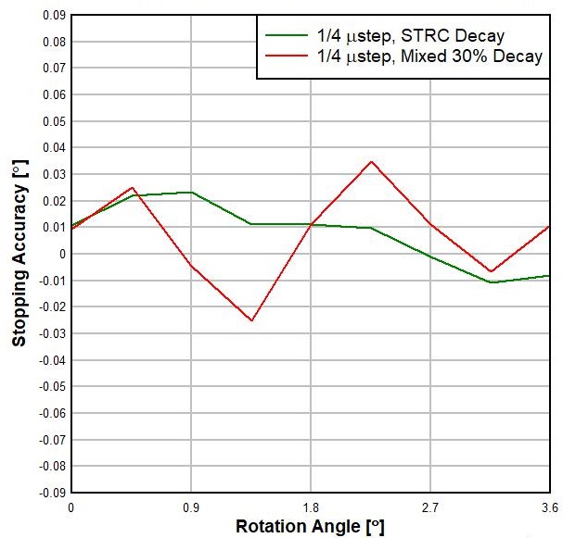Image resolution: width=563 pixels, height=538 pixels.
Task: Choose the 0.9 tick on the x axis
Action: pos(191,507)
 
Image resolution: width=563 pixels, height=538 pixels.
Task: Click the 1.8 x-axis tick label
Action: pos(311,507)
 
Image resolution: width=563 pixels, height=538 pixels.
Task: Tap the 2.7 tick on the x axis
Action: pos(430,507)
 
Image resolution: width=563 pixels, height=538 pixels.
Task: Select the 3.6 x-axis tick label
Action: pos(548,507)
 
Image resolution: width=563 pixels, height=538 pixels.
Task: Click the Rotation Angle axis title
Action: pos(310,526)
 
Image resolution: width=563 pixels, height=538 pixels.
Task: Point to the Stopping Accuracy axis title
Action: pos(19,253)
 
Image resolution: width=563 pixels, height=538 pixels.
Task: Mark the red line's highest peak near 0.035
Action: pos(371,161)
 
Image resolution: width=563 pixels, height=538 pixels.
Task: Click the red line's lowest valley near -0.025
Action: pos(251,320)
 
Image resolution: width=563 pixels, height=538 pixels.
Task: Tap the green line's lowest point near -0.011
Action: pos(491,282)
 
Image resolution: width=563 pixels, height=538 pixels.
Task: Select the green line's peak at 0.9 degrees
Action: pos(191,193)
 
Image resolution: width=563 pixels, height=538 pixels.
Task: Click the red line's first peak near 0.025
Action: pos(133,187)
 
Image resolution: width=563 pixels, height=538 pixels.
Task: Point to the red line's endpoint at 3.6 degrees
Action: pos(550,226)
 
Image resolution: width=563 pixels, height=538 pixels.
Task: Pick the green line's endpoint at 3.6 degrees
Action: pos(550,276)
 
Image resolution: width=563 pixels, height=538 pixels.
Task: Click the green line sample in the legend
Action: pos(282,36)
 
